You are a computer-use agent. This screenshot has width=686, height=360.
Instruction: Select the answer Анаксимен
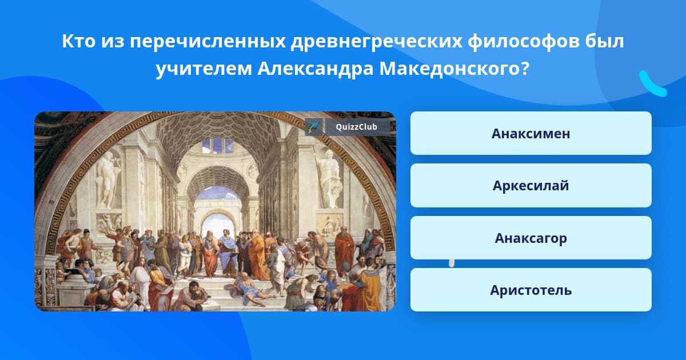pyautogui.click(x=531, y=133)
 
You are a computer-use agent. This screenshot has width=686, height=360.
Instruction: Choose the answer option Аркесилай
pyautogui.click(x=531, y=186)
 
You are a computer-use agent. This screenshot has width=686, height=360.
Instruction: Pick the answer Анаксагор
pyautogui.click(x=531, y=238)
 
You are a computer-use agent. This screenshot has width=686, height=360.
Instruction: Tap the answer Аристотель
pyautogui.click(x=531, y=290)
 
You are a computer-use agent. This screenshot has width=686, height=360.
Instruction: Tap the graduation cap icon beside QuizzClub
pyautogui.click(x=314, y=127)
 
